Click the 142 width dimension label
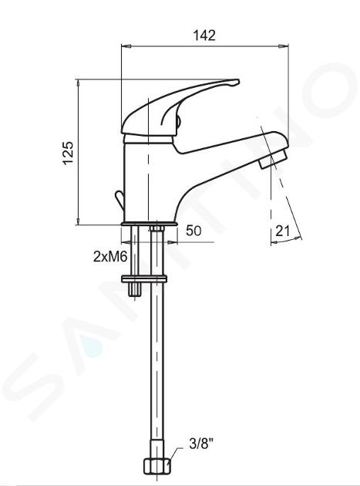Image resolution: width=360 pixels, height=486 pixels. (204, 35)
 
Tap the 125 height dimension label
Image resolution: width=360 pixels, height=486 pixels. (69, 153)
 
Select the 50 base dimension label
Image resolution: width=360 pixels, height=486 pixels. (193, 231)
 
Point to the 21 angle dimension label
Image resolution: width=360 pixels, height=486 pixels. (282, 231)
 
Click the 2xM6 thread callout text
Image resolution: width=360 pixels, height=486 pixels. (110, 257)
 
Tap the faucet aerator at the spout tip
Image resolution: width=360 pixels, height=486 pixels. (274, 158)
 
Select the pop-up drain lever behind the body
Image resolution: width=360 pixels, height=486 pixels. (119, 199)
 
